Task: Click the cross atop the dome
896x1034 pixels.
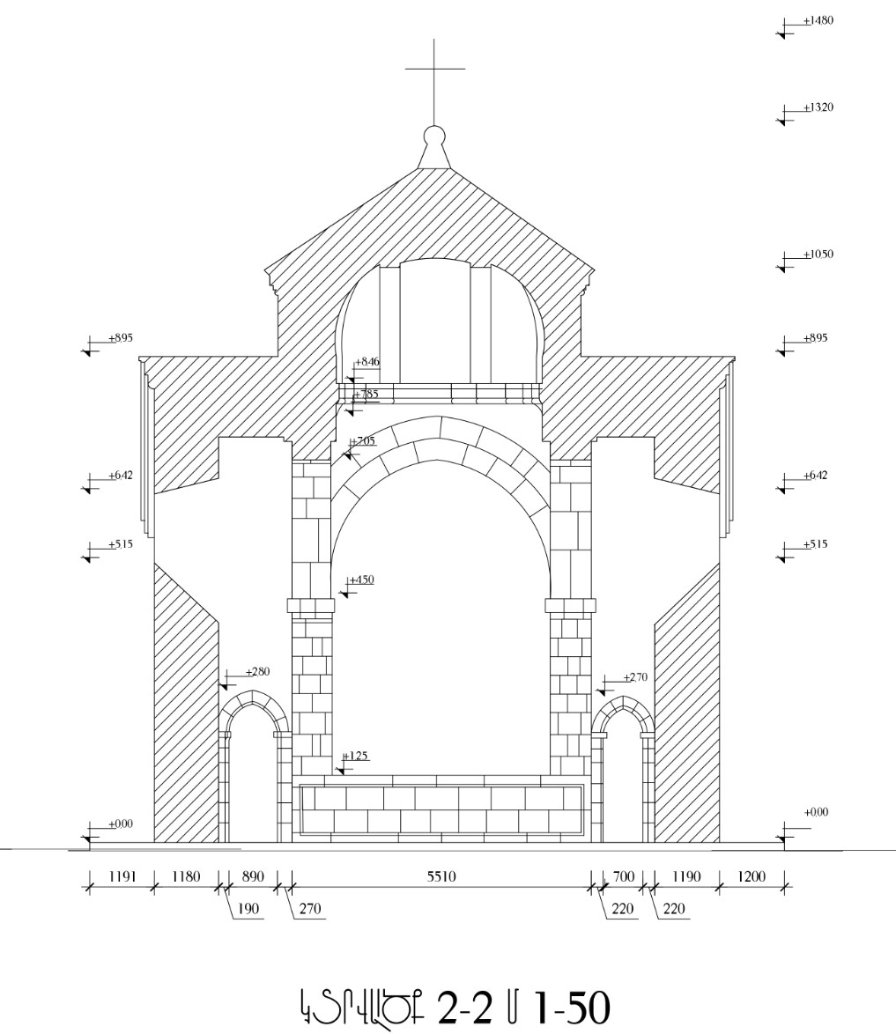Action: pos(434,69)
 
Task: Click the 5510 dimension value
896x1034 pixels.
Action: pos(441,876)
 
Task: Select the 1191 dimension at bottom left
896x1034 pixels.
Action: pos(122,876)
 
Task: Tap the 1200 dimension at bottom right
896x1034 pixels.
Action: pos(751,876)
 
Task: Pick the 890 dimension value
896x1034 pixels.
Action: pos(252,876)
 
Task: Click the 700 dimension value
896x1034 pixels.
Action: pos(623,876)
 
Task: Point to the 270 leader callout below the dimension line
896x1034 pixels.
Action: pos(310,909)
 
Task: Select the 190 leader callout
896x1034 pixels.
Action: pos(248,909)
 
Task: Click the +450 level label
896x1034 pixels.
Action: pos(361,580)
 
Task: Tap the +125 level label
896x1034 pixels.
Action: pos(355,756)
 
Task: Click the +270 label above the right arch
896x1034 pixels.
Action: pos(635,677)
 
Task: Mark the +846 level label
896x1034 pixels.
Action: pos(367,362)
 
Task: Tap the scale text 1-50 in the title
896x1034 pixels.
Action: pos(571,1008)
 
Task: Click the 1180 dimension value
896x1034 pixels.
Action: pos(186,876)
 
